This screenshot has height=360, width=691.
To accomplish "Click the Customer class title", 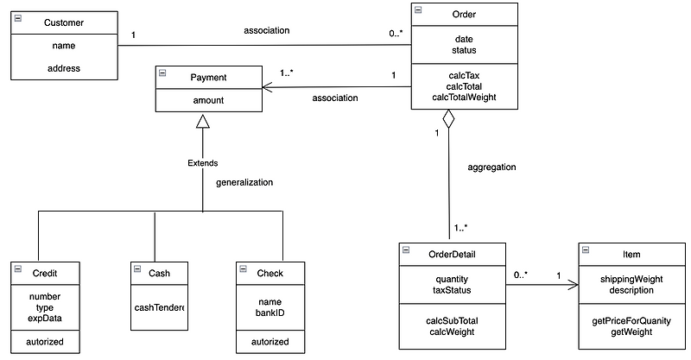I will [65, 21].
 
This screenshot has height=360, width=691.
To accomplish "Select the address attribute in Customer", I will [65, 67].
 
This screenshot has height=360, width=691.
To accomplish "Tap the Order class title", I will [464, 14].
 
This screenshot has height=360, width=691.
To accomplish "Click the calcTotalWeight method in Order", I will [464, 98].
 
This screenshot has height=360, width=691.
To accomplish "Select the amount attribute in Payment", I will [207, 100].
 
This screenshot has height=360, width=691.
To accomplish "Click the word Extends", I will [203, 162].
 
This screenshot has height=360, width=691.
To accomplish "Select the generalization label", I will [244, 182].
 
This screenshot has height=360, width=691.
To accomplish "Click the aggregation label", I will [491, 167].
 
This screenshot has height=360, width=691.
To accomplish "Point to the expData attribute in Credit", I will [44, 318].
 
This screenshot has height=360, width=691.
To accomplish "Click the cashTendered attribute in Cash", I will [160, 307].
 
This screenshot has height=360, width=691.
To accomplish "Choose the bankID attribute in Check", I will [270, 313].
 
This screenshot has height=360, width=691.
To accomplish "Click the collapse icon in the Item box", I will [585, 250].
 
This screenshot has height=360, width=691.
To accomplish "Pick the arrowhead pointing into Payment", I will [267, 85].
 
